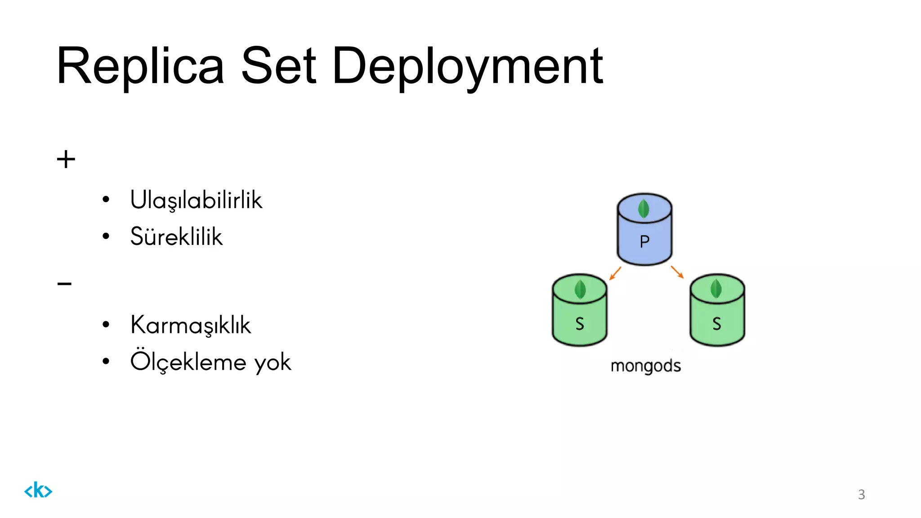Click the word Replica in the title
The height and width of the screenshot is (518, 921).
[x=140, y=66]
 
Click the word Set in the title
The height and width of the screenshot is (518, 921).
[x=279, y=66]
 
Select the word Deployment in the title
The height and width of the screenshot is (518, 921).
[x=468, y=67]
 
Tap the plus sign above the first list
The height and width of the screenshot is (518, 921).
[x=66, y=159]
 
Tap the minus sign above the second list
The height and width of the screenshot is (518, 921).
[x=64, y=284]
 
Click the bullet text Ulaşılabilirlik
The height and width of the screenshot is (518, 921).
[x=196, y=200]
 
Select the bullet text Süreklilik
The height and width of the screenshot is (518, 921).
[x=176, y=237]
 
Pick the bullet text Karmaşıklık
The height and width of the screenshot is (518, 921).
[x=190, y=325]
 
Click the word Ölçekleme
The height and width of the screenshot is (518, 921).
[x=188, y=362]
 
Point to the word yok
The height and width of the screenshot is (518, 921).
[x=273, y=363]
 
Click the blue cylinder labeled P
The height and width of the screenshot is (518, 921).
[x=644, y=234]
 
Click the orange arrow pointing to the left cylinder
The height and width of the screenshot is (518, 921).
[x=615, y=273]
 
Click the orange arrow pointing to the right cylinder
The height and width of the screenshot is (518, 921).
[x=677, y=272]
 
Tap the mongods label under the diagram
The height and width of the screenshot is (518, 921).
[x=645, y=366]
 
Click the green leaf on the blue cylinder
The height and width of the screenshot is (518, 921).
[x=644, y=208]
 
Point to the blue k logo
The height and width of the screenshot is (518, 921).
[x=38, y=490]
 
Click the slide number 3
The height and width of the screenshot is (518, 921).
[x=861, y=494]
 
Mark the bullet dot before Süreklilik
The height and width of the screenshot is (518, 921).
[x=106, y=236]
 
